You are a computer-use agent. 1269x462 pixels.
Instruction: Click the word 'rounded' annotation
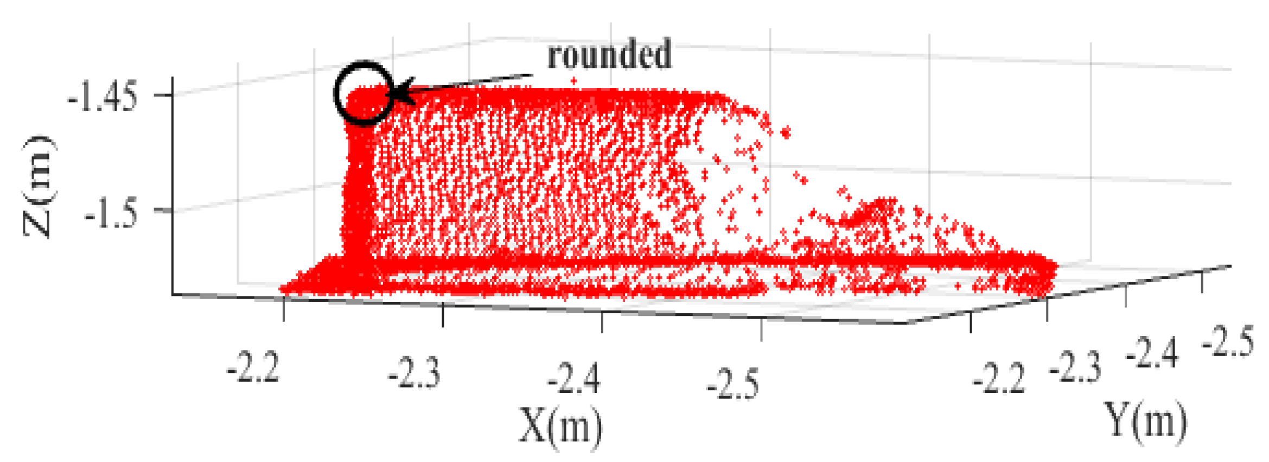pyautogui.click(x=609, y=55)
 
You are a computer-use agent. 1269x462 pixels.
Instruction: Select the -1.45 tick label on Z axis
pyautogui.click(x=102, y=98)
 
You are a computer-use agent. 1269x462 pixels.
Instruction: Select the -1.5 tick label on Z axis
pyautogui.click(x=111, y=213)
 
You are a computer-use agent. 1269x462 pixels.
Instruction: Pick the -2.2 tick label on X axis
pyautogui.click(x=253, y=368)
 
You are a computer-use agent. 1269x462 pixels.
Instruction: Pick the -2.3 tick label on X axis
pyautogui.click(x=414, y=374)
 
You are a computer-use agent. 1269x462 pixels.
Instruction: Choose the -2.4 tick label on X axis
pyautogui.click(x=574, y=378)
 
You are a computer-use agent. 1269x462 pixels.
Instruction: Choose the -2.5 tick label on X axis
pyautogui.click(x=732, y=384)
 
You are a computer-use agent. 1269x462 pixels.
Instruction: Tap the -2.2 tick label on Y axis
pyautogui.click(x=999, y=378)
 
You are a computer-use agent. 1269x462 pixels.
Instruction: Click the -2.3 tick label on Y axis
pyautogui.click(x=1075, y=368)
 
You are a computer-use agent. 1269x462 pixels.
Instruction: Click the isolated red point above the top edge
pyautogui.click(x=573, y=81)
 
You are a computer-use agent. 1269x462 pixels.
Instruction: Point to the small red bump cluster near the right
pyautogui.click(x=873, y=212)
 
